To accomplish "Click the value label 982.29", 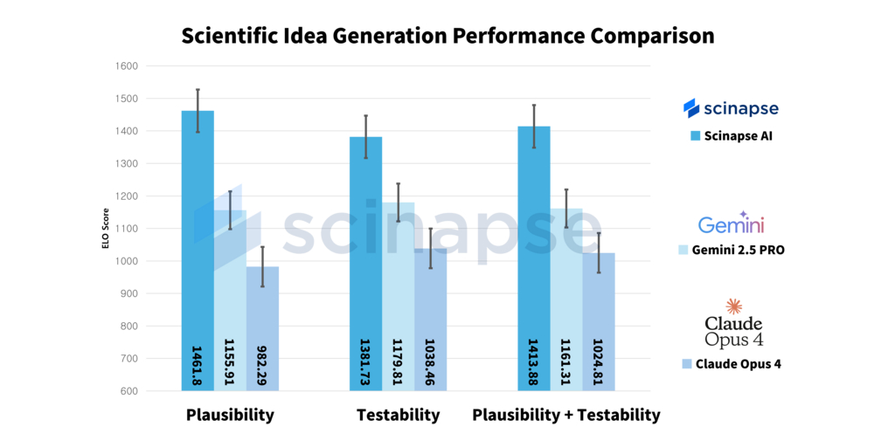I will click(262, 366).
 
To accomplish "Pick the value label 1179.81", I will click(398, 361).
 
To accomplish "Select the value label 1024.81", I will click(599, 361).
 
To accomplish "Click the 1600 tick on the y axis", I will click(126, 66).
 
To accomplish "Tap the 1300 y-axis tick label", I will click(126, 164).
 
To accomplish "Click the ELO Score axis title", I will click(105, 229).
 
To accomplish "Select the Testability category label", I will click(398, 416).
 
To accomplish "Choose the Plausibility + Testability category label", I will click(566, 416).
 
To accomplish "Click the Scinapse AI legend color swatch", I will click(695, 135).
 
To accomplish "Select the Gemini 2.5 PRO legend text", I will click(739, 250).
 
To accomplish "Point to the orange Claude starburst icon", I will click(733, 306).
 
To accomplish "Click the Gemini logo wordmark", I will click(731, 225).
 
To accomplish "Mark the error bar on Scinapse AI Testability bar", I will click(366, 136).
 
